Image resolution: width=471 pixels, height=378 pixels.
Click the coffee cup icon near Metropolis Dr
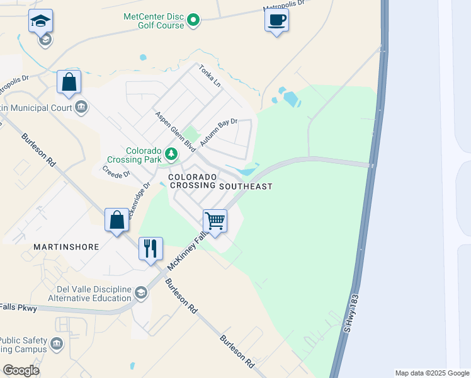click(276, 20)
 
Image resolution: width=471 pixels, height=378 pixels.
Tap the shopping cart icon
click(215, 221)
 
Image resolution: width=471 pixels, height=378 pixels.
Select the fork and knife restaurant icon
click(150, 249)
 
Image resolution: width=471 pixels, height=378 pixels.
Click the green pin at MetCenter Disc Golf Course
click(194, 21)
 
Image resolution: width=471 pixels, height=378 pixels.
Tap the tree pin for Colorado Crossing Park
click(171, 153)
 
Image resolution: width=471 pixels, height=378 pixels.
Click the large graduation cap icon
click(40, 21)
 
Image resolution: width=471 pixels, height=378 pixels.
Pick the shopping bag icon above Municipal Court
click(69, 82)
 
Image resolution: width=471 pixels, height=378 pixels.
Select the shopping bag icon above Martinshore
click(116, 220)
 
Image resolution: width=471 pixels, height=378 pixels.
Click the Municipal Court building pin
click(81, 107)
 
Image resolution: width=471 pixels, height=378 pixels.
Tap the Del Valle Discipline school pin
click(142, 292)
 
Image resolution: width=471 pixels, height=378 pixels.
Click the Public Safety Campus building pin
click(57, 344)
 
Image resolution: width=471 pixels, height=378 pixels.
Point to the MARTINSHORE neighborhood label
click(67, 247)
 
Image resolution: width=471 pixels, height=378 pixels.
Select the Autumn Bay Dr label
click(218, 133)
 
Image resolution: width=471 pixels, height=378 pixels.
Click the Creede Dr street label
click(116, 171)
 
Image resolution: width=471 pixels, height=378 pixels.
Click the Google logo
click(21, 370)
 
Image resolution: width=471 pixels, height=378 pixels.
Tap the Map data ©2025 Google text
click(431, 373)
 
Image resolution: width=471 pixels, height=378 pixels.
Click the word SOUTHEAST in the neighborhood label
click(246, 186)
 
